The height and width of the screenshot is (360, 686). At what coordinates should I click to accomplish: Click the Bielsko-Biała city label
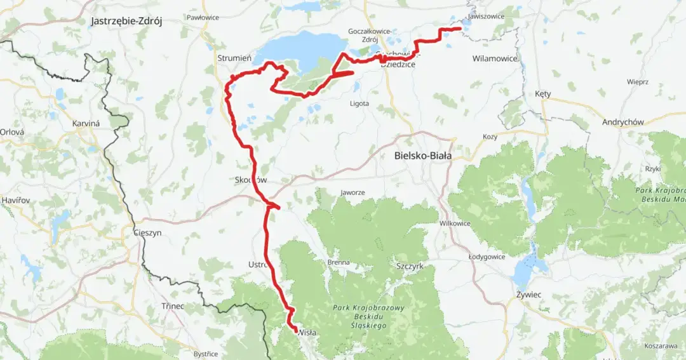tap(422, 156)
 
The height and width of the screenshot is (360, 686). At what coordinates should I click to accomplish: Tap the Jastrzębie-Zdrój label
tap(126, 21)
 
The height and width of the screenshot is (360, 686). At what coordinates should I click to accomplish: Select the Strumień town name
tap(234, 58)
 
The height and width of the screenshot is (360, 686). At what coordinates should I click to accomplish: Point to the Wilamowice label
tap(495, 58)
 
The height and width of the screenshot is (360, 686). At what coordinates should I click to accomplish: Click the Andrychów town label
tap(623, 123)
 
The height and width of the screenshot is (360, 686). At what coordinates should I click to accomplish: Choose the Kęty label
tap(542, 94)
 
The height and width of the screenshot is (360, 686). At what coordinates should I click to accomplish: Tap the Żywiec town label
tap(528, 295)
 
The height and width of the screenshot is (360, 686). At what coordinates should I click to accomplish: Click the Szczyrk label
tap(409, 267)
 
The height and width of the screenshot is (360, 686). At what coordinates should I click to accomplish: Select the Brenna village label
tap(339, 262)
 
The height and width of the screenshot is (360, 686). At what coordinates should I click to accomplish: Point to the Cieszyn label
tap(147, 233)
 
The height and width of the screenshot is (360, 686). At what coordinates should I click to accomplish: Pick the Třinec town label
tap(173, 306)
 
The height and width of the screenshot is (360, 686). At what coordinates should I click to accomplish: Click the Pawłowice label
tap(203, 18)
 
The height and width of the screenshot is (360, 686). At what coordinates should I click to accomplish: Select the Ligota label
tap(359, 103)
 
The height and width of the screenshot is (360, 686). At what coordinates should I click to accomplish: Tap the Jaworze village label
tap(353, 192)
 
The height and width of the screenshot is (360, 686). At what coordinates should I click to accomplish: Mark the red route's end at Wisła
tap(295, 328)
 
